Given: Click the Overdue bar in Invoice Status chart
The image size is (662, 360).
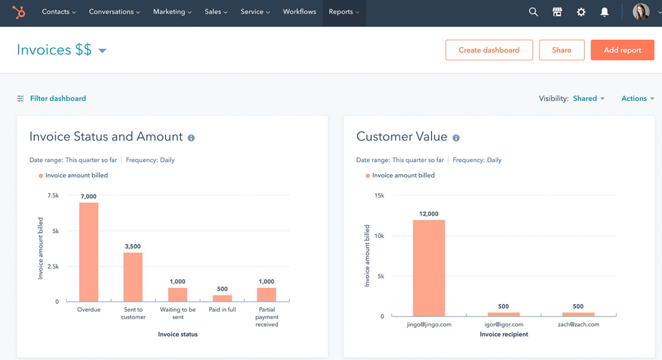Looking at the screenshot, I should click(x=88, y=252).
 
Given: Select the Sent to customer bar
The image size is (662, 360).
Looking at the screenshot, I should click(x=133, y=277).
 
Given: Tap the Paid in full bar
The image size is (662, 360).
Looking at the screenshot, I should click(x=223, y=298).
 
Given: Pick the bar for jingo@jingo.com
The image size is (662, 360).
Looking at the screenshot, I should click(x=428, y=268).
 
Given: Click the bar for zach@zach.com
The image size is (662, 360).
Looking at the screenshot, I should click(x=578, y=314).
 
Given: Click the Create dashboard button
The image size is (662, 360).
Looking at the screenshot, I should click(x=489, y=50).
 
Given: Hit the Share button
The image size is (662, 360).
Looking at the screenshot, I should click(x=561, y=50).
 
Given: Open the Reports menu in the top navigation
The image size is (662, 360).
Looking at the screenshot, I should click(x=344, y=12).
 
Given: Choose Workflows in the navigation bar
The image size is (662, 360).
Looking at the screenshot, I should click(x=299, y=12).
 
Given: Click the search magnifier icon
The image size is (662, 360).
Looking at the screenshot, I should click(x=533, y=12).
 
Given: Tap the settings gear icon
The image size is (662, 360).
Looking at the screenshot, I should click(x=581, y=12).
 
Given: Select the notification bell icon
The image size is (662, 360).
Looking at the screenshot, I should click(x=604, y=12).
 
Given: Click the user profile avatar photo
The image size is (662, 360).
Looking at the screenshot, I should click(x=641, y=12).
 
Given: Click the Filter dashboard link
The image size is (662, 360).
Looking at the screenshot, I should click(x=58, y=98).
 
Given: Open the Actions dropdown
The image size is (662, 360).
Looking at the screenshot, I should click(x=638, y=98).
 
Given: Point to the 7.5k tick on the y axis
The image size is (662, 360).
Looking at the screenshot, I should click(x=53, y=195).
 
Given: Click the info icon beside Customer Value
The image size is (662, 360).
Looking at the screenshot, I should click(x=456, y=138).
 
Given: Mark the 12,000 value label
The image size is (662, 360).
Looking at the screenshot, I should click(x=429, y=214).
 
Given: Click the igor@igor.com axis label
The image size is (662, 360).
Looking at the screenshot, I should click(x=504, y=325).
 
